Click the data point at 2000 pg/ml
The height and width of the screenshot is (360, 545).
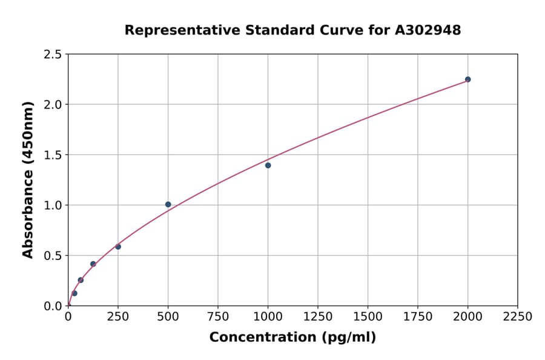pos(467,79)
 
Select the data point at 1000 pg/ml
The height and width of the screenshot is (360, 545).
pos(268,165)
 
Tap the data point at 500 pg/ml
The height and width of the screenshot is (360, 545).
pos(168,204)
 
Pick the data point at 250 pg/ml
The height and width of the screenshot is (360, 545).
pos(118,247)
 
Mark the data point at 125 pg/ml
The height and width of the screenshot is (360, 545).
pos(93,264)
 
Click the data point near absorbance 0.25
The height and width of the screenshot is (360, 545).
pos(81,280)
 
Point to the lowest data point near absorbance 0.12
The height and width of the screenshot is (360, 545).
pos(74,293)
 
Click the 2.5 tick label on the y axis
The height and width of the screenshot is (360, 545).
pos(53,55)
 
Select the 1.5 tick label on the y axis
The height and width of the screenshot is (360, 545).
pos(53,155)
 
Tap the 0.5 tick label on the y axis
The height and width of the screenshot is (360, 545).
pos(53,256)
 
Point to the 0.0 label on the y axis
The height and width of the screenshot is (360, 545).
pos(53,306)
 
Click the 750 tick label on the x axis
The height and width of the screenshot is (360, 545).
pos(218,317)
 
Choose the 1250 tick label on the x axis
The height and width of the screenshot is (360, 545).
pos(318,317)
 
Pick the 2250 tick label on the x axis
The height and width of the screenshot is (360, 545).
pos(518,317)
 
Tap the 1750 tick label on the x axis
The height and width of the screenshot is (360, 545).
pos(418,317)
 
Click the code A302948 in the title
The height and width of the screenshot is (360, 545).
pos(428,30)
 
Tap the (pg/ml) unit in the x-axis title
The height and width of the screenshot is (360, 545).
pos(349,338)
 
